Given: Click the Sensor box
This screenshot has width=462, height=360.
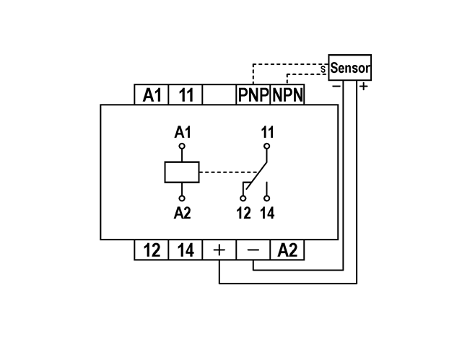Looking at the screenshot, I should pyautogui.click(x=350, y=67).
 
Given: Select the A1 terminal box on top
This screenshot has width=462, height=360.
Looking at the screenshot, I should pyautogui.click(x=152, y=95).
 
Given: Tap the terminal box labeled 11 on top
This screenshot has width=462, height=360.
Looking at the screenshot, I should pyautogui.click(x=186, y=95).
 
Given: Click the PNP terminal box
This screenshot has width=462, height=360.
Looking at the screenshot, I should pyautogui.click(x=253, y=95).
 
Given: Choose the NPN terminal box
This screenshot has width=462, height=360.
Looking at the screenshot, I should pyautogui.click(x=287, y=95).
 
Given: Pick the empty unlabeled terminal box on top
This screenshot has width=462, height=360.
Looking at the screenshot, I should pyautogui.click(x=219, y=95).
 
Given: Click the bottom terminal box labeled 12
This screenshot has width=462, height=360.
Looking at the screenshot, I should pyautogui.click(x=152, y=250).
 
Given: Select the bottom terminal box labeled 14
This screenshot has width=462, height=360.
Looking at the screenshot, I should pyautogui.click(x=186, y=250).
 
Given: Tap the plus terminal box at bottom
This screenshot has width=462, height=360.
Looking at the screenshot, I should pyautogui.click(x=219, y=250).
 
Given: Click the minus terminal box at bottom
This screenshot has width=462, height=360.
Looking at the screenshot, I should pyautogui.click(x=253, y=250).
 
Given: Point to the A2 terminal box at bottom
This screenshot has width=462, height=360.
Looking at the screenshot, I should pyautogui.click(x=287, y=250).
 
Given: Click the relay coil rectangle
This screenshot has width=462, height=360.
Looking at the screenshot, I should pyautogui.click(x=182, y=172).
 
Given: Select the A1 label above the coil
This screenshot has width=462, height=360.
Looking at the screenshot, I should pyautogui.click(x=183, y=133).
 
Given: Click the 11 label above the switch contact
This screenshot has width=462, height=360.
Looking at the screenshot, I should pyautogui.click(x=268, y=133).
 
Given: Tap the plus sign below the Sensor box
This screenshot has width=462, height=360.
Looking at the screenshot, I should pyautogui.click(x=363, y=87).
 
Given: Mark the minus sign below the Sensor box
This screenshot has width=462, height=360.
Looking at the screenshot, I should pyautogui.click(x=336, y=87).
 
